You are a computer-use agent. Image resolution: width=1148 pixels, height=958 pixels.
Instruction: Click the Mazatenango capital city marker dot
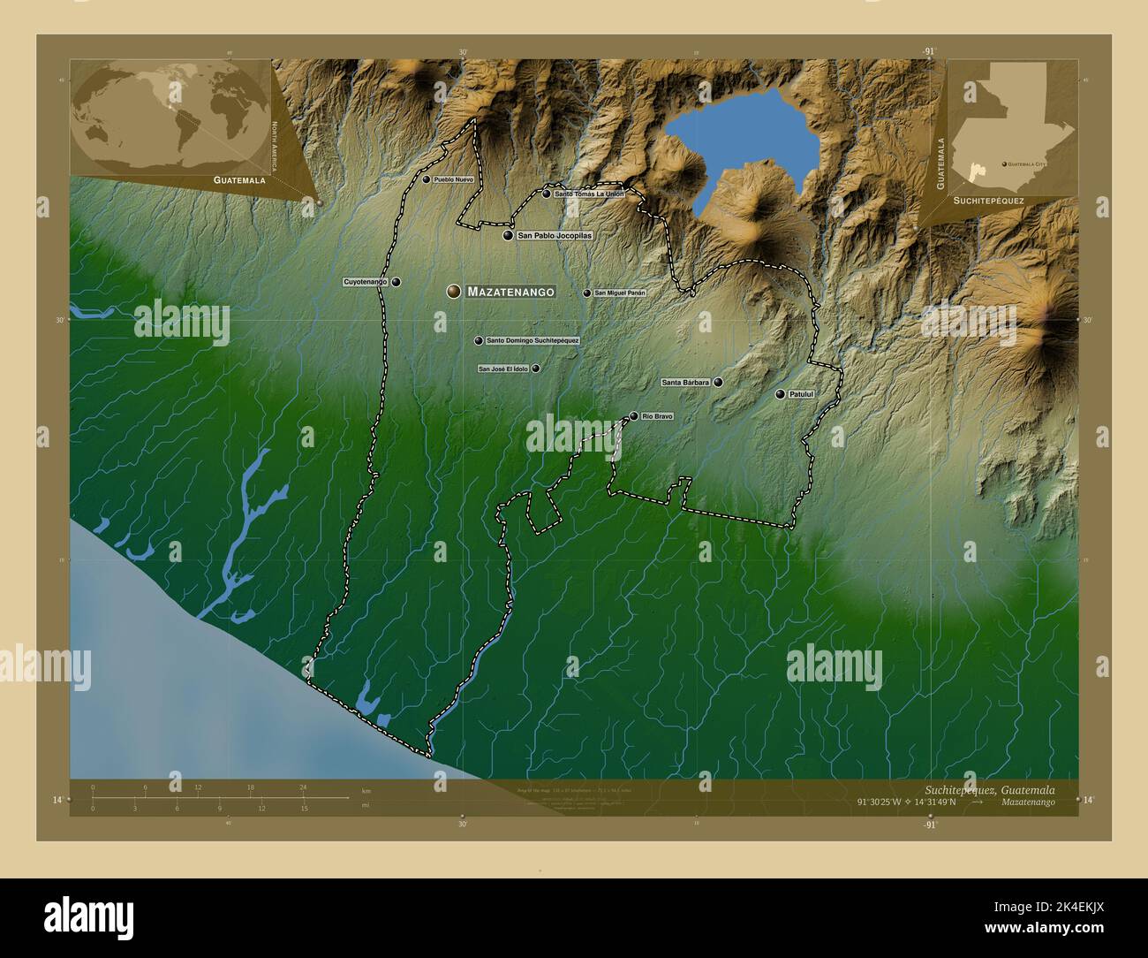coord(454,291)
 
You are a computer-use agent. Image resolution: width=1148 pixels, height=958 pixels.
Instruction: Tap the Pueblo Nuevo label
coord(453,179)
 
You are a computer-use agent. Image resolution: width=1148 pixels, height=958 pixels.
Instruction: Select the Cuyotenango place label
coord(366,282)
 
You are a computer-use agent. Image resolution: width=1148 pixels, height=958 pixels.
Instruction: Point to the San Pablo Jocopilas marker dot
coord(508,236)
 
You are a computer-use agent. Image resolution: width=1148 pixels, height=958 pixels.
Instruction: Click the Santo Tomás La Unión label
coord(589,194)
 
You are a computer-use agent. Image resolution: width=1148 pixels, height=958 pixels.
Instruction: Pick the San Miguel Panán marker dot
coord(586,293)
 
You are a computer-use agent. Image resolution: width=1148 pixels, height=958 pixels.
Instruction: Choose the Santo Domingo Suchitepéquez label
coord(532,340)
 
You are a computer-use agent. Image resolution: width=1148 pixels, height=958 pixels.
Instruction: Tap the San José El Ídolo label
coord(503,369)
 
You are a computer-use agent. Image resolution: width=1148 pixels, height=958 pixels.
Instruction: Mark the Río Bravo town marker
coord(633,416)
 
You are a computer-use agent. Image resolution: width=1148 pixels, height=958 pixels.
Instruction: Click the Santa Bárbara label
coord(685,383)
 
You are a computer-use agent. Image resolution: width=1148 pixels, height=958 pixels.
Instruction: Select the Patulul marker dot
coord(780,394)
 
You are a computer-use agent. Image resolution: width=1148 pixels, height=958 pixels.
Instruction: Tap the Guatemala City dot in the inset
coord(1004,163)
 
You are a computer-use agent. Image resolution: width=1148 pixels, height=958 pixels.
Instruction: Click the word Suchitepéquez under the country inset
coord(988,201)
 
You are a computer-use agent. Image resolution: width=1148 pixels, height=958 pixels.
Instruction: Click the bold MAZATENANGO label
coord(510,291)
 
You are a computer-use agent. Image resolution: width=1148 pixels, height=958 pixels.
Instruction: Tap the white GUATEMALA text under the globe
coord(238,179)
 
